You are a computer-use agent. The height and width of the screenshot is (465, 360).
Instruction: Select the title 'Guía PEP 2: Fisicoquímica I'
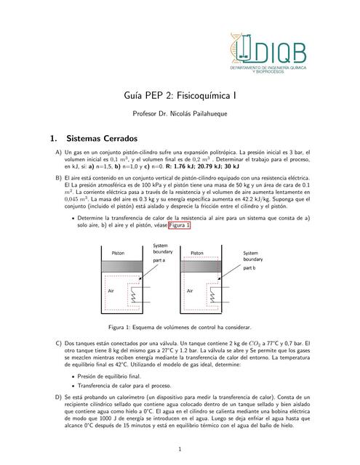pyautogui.click(x=180, y=94)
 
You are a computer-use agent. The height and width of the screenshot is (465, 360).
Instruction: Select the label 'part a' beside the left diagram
pyautogui.click(x=159, y=259)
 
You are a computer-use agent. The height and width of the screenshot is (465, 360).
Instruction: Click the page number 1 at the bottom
pyautogui.click(x=180, y=448)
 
